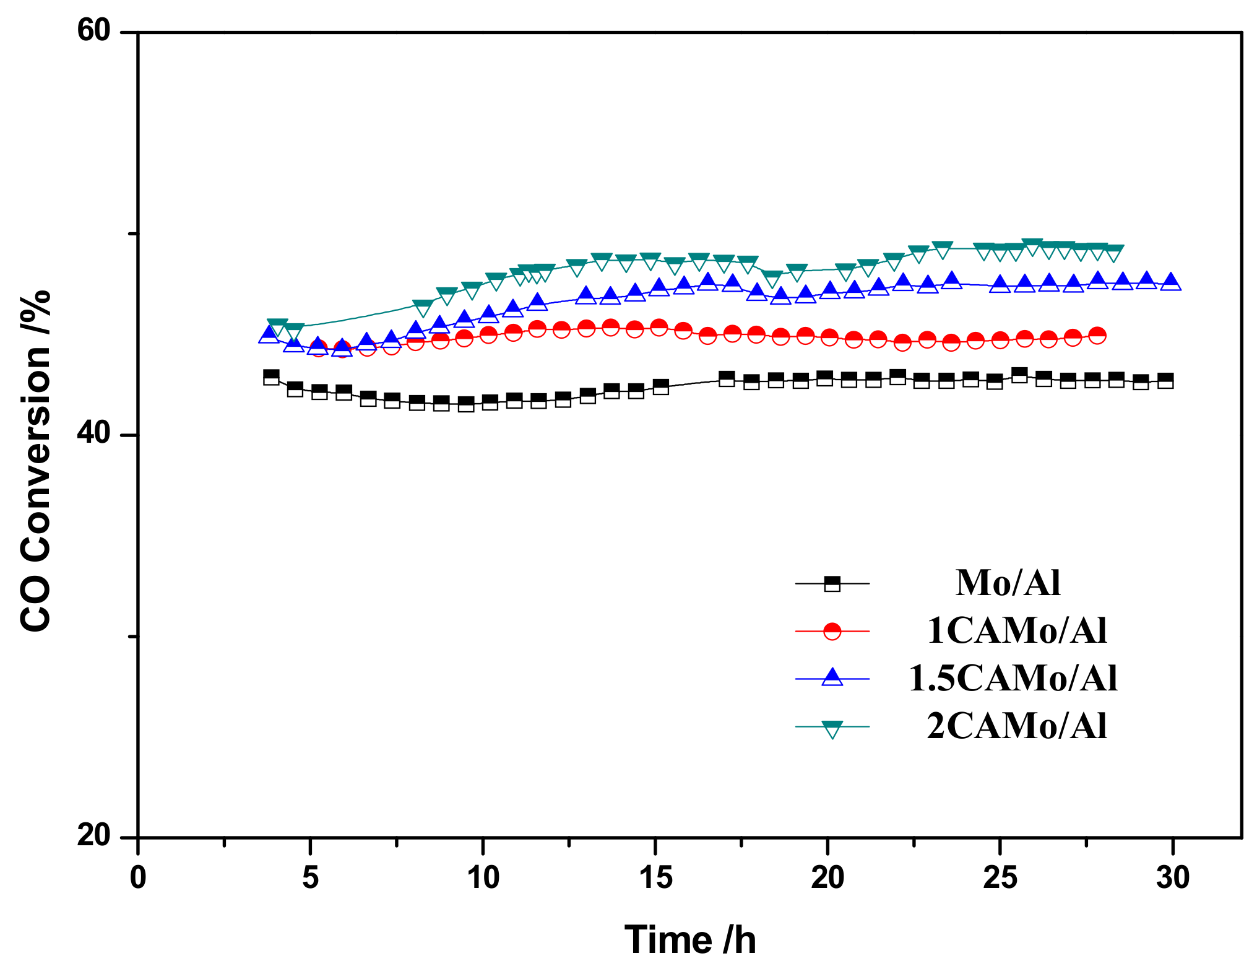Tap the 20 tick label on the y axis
93,835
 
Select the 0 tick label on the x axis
138,878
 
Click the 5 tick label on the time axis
311,878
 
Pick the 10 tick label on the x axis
483,878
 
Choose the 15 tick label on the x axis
655,878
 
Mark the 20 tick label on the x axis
827,878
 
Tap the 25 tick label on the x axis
1000,878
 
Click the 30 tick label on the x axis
1172,878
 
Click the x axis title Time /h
690,940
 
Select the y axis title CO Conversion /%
35,461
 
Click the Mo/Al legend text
1008,583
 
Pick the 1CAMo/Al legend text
1017,631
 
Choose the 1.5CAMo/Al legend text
1013,678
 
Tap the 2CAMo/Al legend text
1017,726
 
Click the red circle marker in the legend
832,631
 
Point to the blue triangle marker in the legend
832,677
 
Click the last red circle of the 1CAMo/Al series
1097,336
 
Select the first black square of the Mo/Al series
271,376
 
